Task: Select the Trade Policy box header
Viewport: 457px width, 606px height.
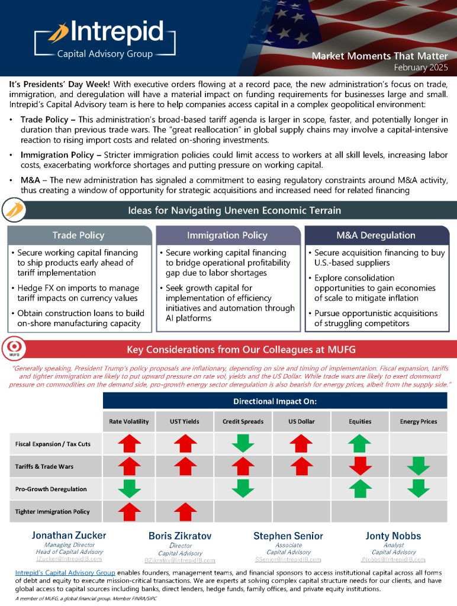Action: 79,235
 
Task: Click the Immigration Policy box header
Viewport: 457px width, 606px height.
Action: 227,235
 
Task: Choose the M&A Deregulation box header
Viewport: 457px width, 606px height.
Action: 376,235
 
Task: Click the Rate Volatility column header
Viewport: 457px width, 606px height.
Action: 129,421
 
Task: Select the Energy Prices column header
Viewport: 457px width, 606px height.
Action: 419,421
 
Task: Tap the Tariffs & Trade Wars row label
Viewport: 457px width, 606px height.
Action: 44,466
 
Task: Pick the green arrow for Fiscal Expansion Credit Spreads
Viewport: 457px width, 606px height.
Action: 243,444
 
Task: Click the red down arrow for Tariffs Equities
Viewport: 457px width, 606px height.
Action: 360,466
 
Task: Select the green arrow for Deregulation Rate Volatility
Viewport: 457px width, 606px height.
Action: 129,489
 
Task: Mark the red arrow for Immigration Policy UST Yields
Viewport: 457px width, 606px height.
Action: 185,511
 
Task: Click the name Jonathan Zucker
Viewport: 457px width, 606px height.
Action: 69,536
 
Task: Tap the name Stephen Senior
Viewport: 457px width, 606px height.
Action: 288,536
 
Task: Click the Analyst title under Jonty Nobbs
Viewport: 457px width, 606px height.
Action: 394,545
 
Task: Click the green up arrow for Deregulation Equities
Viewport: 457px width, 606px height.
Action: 360,489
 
